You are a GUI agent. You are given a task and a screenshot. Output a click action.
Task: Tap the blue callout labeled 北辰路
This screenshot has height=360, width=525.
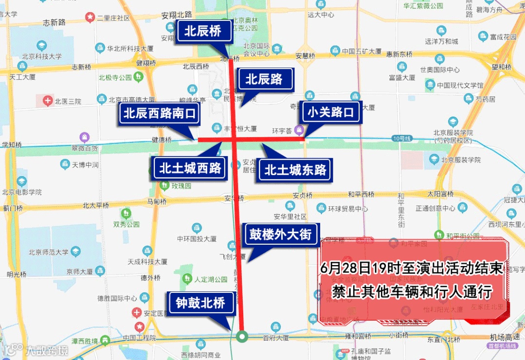click(x=264, y=79)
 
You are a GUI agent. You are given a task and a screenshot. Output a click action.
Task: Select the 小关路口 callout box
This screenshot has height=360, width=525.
click(x=331, y=113)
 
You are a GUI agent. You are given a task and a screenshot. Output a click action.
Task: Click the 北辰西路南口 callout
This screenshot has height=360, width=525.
click(x=160, y=114)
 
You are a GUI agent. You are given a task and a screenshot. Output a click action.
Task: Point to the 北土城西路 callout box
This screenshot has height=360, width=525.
click(x=190, y=169)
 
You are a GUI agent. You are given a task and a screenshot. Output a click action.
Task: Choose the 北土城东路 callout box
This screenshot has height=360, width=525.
click(x=295, y=170)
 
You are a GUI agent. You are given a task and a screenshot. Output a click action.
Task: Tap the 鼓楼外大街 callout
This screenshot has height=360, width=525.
click(x=280, y=234)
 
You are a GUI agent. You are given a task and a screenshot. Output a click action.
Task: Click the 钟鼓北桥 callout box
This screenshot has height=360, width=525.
click(x=200, y=304)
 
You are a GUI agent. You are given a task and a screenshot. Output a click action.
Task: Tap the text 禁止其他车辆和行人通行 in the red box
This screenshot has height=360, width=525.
click(x=412, y=292)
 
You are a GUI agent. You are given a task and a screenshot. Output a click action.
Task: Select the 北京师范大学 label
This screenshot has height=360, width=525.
click(x=49, y=252)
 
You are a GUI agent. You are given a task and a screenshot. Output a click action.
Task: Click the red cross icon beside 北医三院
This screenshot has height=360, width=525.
click(x=47, y=101)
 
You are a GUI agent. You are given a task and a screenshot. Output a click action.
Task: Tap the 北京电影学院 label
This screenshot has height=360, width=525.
click(x=22, y=192)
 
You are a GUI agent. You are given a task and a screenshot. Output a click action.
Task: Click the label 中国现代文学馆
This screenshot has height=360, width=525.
click(x=460, y=86)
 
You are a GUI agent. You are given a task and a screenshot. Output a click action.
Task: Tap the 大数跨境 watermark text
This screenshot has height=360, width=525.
click(x=47, y=350)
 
